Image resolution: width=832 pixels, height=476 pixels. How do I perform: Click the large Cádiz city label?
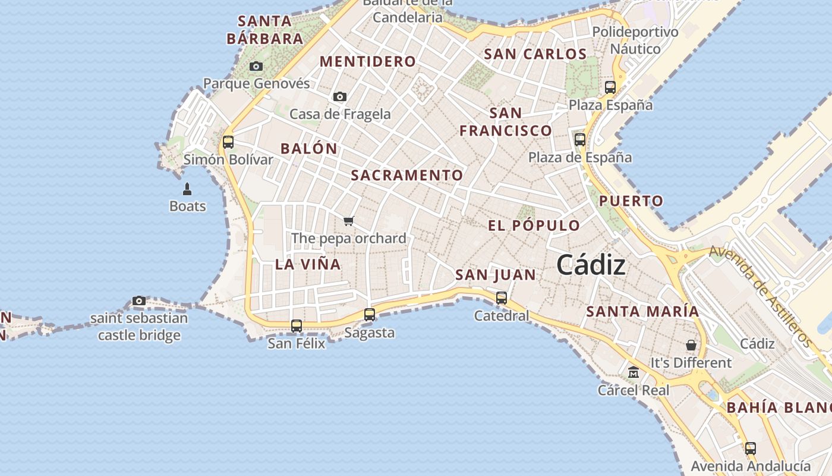click(x=591, y=265)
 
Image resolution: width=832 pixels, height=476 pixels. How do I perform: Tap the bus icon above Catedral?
click(x=501, y=297)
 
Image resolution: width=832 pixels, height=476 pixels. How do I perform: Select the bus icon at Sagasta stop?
click(x=370, y=315)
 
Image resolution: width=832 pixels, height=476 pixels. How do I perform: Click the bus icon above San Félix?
click(x=297, y=326)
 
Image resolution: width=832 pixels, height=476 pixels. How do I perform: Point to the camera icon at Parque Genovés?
click(x=256, y=66)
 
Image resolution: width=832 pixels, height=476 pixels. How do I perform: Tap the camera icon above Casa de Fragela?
click(x=340, y=96)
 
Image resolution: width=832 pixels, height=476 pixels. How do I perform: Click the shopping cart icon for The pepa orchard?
click(x=349, y=221)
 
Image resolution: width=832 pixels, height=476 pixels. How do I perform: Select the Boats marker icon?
click(x=187, y=189)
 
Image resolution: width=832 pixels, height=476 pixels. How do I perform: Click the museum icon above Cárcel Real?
click(x=634, y=372)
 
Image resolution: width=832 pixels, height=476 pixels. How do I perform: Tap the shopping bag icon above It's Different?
click(x=691, y=345)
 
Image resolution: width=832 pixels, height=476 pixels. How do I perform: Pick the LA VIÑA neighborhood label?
click(x=308, y=265)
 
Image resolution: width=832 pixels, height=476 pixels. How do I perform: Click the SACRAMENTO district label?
click(x=406, y=176)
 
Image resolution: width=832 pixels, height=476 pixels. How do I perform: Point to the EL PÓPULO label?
click(x=534, y=226)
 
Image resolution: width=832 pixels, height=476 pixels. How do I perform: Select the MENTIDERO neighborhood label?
click(x=368, y=61)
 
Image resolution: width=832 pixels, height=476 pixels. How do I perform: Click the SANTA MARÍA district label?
click(x=642, y=311)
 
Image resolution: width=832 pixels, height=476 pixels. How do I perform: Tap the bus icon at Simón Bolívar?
click(x=228, y=142)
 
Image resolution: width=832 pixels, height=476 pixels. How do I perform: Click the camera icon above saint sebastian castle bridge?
click(x=139, y=301)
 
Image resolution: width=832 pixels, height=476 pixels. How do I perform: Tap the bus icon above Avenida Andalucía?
click(x=751, y=449)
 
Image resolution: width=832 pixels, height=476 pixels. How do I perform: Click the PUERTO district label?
click(x=631, y=201)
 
